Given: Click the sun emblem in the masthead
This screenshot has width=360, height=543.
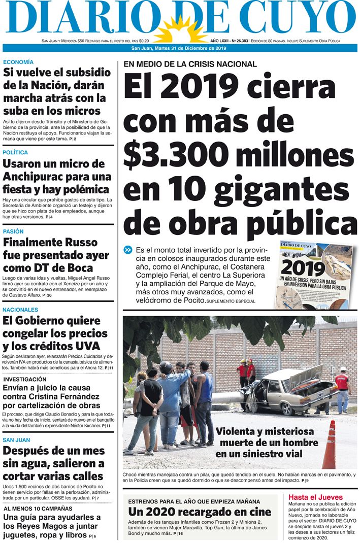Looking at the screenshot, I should (178, 29).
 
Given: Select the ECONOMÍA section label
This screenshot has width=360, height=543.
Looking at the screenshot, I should (18, 62).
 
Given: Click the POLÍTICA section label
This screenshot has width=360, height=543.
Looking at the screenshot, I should (15, 152).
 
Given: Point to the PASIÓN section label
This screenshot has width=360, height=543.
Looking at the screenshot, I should (13, 231).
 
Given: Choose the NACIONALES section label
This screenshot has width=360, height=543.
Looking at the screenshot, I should (20, 310).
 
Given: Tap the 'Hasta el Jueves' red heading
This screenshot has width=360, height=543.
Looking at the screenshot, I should (315, 497).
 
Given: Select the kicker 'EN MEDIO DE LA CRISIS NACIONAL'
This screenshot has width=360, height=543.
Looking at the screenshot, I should (190, 64).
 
